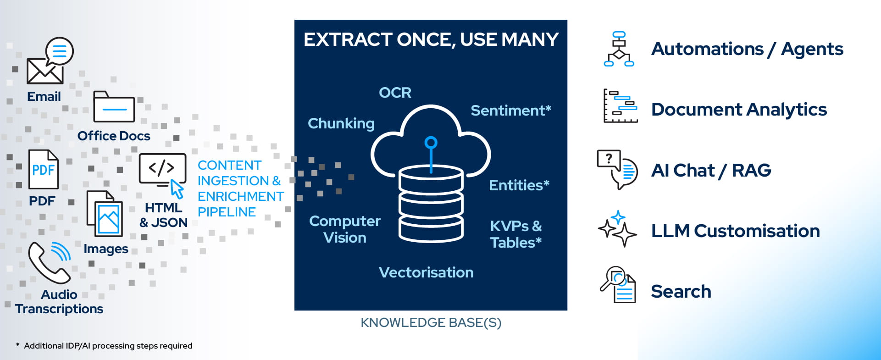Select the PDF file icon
point(44,170)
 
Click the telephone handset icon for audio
point(49,263)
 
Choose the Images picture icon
point(105,214)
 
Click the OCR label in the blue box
point(395,93)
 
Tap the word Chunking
point(341,123)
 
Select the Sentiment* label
point(510,111)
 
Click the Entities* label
point(519,185)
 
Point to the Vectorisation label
point(426,272)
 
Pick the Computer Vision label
point(345,229)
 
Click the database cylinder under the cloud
point(431,204)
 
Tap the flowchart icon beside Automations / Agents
point(619,49)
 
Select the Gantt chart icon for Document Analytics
point(620,106)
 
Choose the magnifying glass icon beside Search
point(618,284)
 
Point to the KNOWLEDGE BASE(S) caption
point(431,323)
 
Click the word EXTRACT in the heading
point(348,40)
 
